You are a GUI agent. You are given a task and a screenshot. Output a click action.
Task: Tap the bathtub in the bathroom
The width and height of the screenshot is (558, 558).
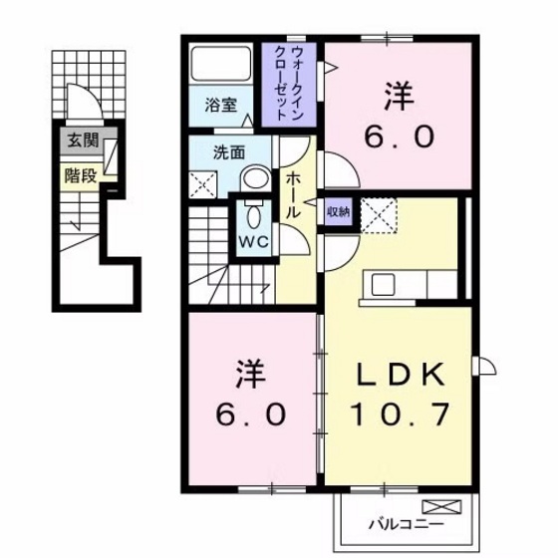221,66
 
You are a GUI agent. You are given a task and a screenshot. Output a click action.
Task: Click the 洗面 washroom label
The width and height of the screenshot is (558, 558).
228,153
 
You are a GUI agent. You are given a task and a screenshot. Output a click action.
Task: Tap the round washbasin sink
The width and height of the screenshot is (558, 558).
256,178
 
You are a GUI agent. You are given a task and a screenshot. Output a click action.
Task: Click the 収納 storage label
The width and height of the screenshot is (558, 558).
337,211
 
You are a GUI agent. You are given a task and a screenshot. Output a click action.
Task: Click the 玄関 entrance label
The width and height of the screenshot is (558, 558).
84,140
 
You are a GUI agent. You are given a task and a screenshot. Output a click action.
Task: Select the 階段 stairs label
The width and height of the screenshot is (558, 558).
80,174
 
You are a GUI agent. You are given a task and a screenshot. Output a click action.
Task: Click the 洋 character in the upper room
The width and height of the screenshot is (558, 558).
395,98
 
